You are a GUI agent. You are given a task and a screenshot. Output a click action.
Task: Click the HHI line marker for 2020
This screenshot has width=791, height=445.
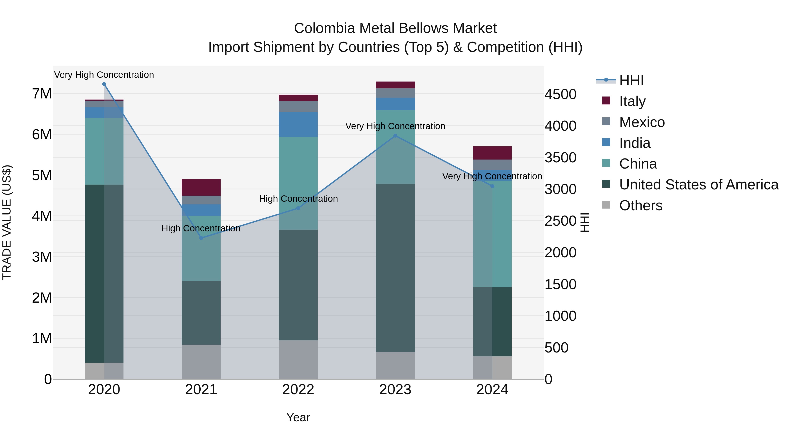[x=104, y=84]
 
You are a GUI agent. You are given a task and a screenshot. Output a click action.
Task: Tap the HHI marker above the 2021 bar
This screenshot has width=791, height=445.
[x=201, y=238]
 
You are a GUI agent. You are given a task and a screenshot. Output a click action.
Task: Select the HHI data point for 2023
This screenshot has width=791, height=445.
[x=395, y=136]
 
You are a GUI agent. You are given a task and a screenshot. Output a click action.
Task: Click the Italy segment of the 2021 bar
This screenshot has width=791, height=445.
[x=201, y=187]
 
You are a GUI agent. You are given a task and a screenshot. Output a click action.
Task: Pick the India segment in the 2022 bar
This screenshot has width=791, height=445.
[x=298, y=124]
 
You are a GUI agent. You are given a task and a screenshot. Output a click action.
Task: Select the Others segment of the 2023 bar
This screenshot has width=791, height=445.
[x=395, y=365]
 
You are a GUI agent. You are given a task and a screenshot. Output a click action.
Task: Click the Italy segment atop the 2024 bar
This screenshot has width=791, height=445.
[x=492, y=153]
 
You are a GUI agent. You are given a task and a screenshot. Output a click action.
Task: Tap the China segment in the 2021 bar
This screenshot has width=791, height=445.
[x=201, y=248]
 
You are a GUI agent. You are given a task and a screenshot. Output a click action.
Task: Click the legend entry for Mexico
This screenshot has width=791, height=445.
[x=642, y=122]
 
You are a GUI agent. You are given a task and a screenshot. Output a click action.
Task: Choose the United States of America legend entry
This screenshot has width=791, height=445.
[x=698, y=185]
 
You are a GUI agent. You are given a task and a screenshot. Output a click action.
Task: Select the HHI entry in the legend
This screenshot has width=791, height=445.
[x=631, y=80]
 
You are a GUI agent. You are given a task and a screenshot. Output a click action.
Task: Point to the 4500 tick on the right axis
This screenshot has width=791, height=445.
[x=560, y=94]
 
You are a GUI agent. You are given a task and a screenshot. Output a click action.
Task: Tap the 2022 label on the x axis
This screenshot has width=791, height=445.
[x=298, y=390]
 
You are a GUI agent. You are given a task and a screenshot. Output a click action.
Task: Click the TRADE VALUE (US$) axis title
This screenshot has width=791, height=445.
[x=7, y=222]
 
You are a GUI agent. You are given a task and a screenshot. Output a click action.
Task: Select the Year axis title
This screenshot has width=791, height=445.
[x=298, y=417]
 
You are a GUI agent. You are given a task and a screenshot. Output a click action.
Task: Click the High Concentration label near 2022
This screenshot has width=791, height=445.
[x=298, y=199]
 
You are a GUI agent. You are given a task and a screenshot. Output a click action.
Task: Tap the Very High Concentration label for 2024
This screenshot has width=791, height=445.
[x=492, y=176]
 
